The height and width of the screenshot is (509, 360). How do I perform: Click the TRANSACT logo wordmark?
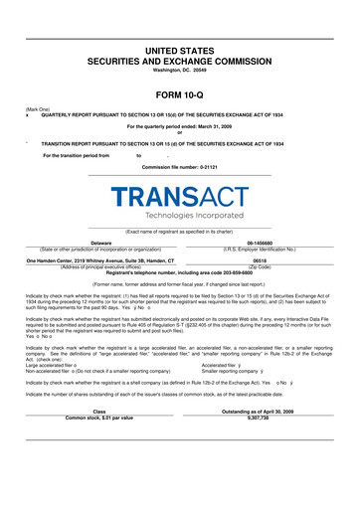point(179,197)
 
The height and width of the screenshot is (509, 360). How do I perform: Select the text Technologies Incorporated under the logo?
point(179,216)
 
